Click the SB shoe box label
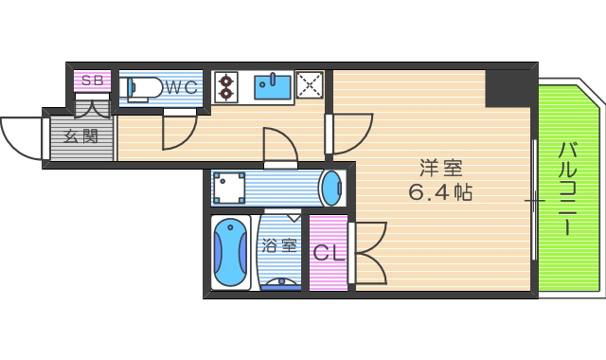click(x=92, y=81)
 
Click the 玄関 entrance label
click(x=80, y=135)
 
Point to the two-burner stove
click(x=226, y=87)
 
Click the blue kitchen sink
click(x=275, y=87)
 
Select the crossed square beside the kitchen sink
click(x=310, y=85)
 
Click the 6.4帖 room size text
click(x=440, y=192)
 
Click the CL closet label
click(x=328, y=254)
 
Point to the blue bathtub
click(x=230, y=254)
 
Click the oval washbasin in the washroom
click(x=331, y=188)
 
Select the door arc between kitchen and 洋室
click(x=351, y=133)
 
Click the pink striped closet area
click(x=328, y=270)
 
